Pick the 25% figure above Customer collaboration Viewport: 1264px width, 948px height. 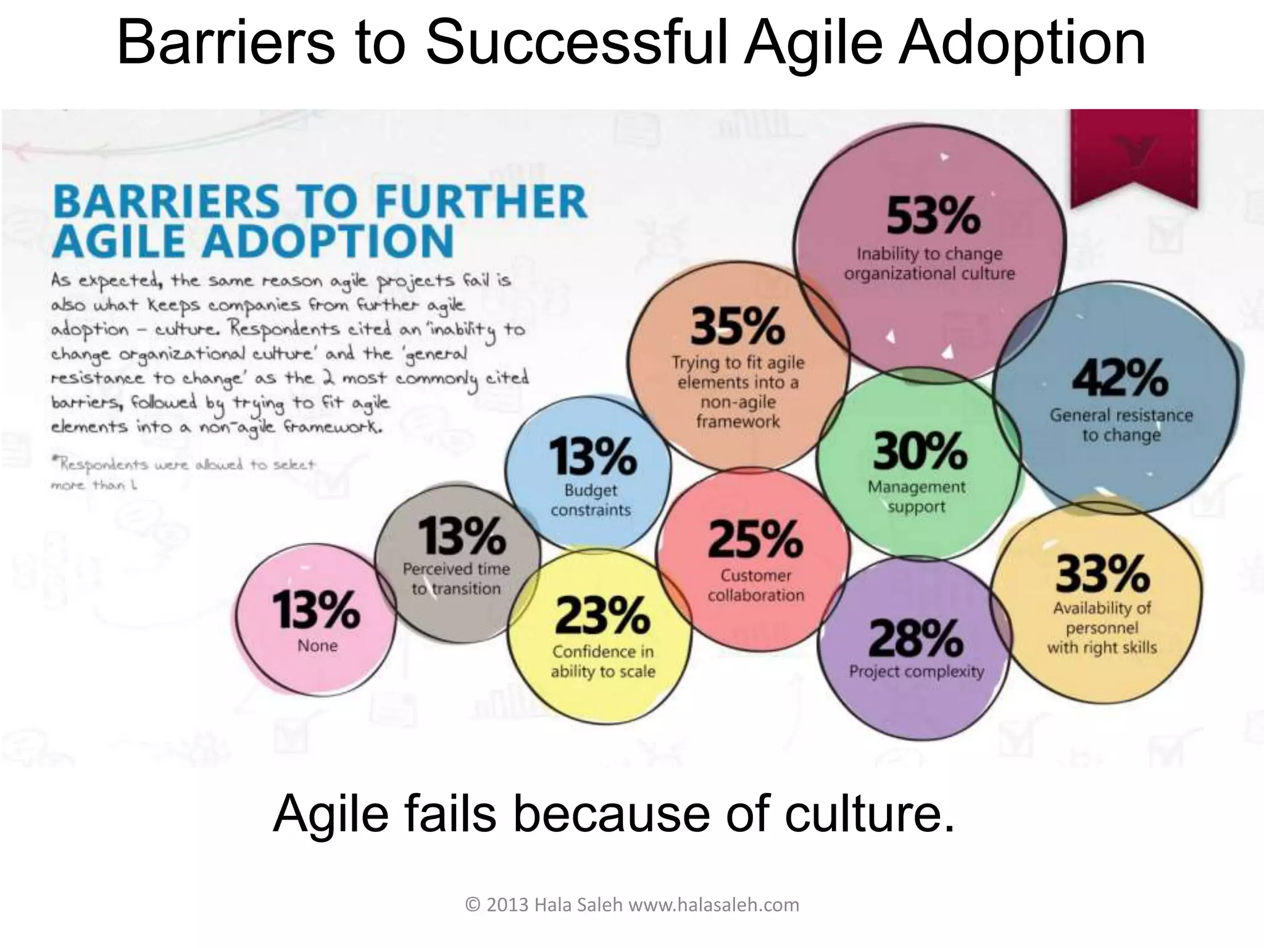click(755, 539)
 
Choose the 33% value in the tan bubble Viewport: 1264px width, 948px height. click(1102, 573)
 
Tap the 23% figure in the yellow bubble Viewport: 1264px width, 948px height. click(602, 615)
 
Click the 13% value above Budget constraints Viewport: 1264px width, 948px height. click(592, 456)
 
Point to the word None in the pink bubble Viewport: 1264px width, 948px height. click(317, 646)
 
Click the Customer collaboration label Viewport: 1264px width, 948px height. click(756, 585)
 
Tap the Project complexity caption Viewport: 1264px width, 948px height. click(917, 671)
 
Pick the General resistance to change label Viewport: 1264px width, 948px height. click(1121, 425)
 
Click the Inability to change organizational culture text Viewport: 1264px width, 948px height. click(929, 264)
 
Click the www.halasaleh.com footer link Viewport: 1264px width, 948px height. click(713, 905)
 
